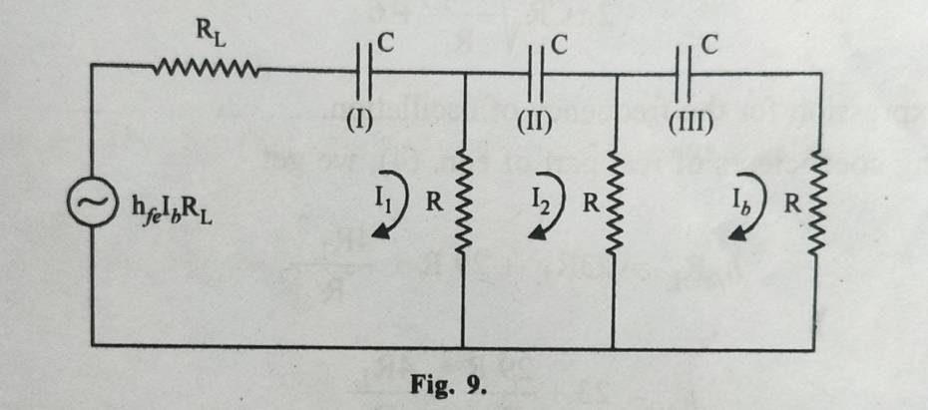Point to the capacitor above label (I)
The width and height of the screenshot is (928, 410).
click(x=361, y=72)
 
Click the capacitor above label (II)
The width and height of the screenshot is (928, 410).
click(x=535, y=72)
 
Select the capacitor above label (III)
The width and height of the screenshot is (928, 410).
click(x=686, y=72)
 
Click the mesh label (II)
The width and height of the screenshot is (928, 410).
click(x=535, y=123)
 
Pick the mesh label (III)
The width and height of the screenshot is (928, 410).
click(x=686, y=123)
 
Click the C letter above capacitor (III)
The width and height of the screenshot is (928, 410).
click(x=709, y=45)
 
